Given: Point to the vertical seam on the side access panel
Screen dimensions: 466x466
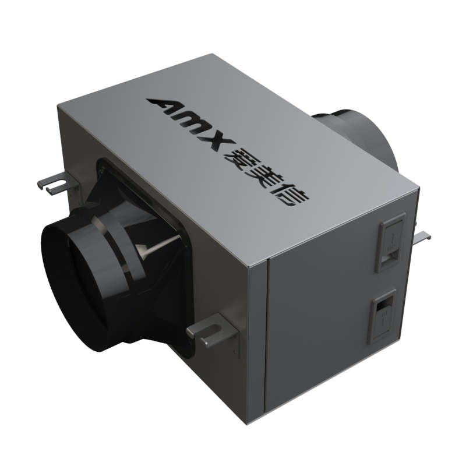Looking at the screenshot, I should [266, 338].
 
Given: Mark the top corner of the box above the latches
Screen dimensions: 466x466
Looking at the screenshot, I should [418, 189].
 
